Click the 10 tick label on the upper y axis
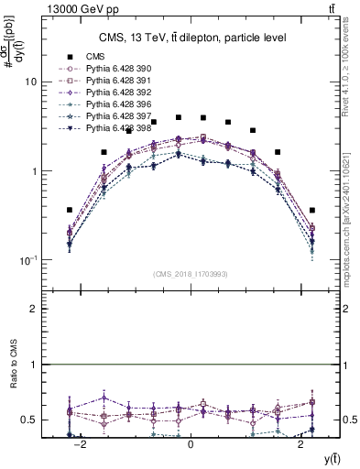pos(30,82)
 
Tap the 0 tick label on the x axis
pos(191,444)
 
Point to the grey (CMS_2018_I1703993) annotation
pos(190,273)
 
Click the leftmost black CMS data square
pos(69,210)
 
